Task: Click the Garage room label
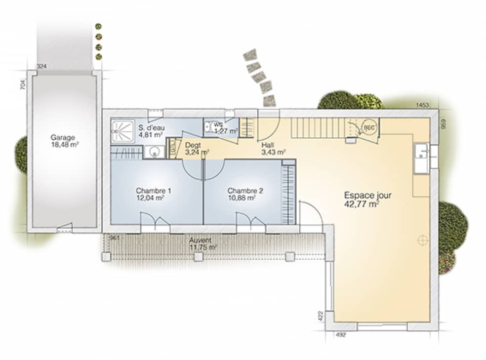[63, 137]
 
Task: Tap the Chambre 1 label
[153, 191]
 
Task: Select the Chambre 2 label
[245, 191]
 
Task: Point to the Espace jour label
[368, 195]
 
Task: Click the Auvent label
[200, 241]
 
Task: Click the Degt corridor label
[193, 145]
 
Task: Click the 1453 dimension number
[422, 105]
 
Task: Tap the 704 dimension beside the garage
[23, 85]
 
